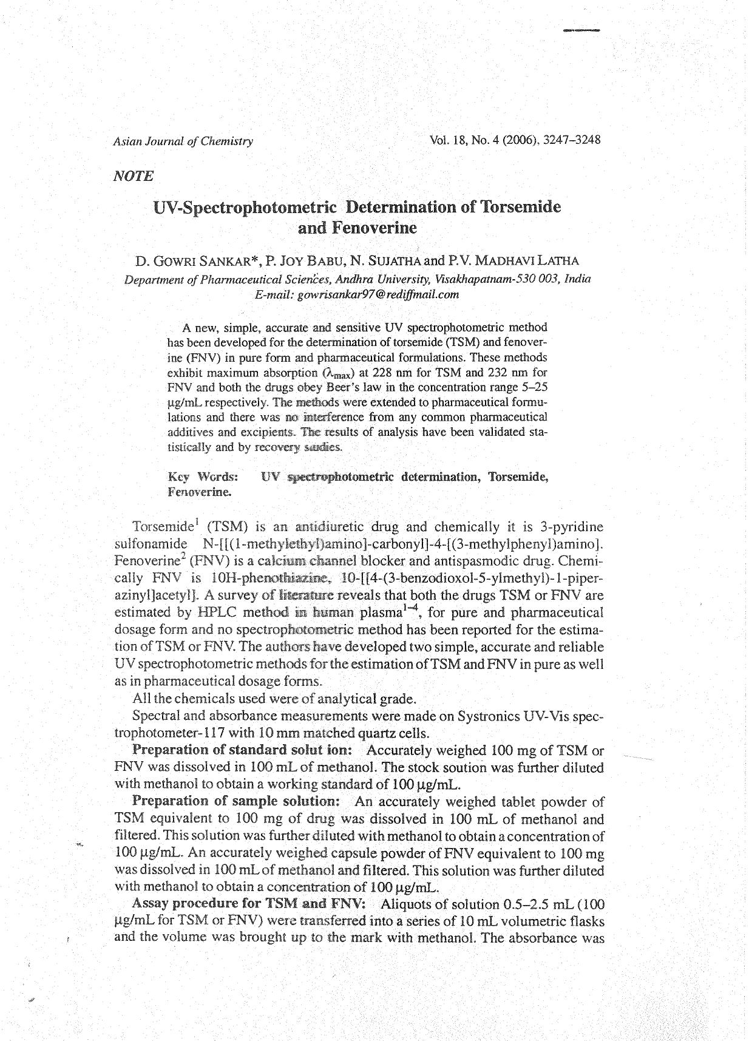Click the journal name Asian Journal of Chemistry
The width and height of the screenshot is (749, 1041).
point(183,141)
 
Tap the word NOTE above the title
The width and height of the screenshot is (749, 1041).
point(134,176)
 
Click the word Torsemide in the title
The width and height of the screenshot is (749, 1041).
point(520,207)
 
